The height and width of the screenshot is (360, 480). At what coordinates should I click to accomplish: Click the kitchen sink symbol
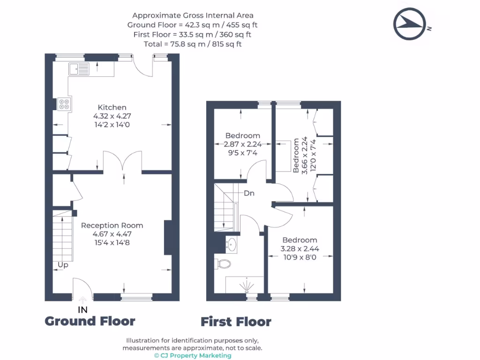pyautogui.click(x=79, y=69)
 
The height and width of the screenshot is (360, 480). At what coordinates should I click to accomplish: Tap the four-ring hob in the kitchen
pyautogui.click(x=64, y=104)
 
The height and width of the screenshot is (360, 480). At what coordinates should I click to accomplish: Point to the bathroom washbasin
pyautogui.click(x=232, y=244)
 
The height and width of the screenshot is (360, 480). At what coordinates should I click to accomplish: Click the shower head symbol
pyautogui.click(x=247, y=285)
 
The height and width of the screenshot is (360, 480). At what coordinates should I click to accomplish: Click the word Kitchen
pyautogui.click(x=112, y=107)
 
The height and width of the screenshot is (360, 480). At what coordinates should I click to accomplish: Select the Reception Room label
pyautogui.click(x=112, y=225)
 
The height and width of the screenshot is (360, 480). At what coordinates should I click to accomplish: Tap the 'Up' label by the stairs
pyautogui.click(x=63, y=265)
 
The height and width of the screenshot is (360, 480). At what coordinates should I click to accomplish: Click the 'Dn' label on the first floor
pyautogui.click(x=249, y=193)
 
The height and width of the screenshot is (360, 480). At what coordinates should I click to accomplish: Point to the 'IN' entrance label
pyautogui.click(x=82, y=310)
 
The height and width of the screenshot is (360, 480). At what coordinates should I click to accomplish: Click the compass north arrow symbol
pyautogui.click(x=410, y=24)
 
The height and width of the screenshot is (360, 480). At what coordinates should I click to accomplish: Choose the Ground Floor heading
pyautogui.click(x=90, y=321)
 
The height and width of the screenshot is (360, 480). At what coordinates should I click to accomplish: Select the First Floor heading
pyautogui.click(x=236, y=322)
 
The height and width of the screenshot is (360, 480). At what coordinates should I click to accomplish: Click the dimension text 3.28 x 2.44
pyautogui.click(x=300, y=248)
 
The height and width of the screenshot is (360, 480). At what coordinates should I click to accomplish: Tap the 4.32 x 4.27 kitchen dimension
pyautogui.click(x=112, y=116)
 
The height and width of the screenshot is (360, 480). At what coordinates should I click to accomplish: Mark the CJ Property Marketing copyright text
pyautogui.click(x=193, y=355)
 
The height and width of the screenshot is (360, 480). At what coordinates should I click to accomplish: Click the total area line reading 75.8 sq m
pyautogui.click(x=193, y=44)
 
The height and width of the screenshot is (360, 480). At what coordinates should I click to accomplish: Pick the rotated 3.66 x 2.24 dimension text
pyautogui.click(x=304, y=156)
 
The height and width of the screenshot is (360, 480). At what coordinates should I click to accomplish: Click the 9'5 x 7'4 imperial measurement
pyautogui.click(x=243, y=153)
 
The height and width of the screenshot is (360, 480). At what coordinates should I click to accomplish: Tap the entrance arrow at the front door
pyautogui.click(x=82, y=300)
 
